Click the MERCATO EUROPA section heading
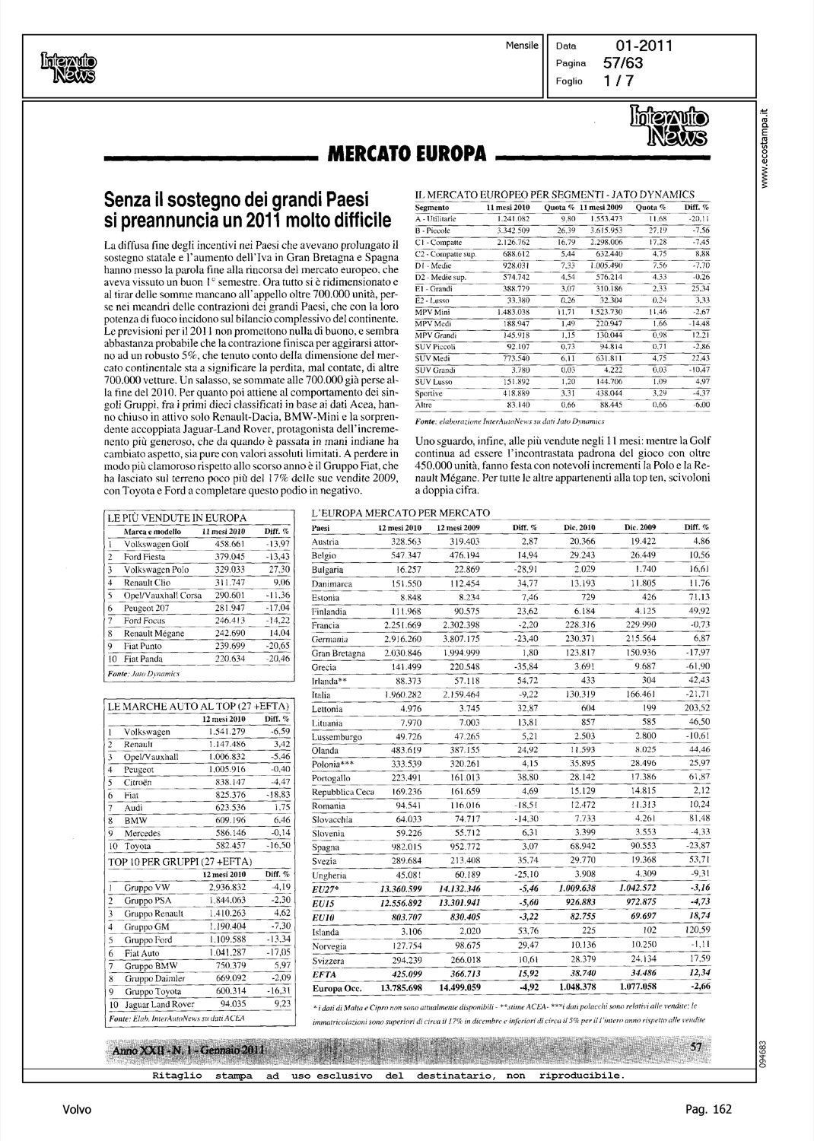click(406, 155)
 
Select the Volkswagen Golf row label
click(156, 544)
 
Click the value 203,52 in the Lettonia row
click(695, 709)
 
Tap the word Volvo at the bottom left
click(76, 1110)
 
